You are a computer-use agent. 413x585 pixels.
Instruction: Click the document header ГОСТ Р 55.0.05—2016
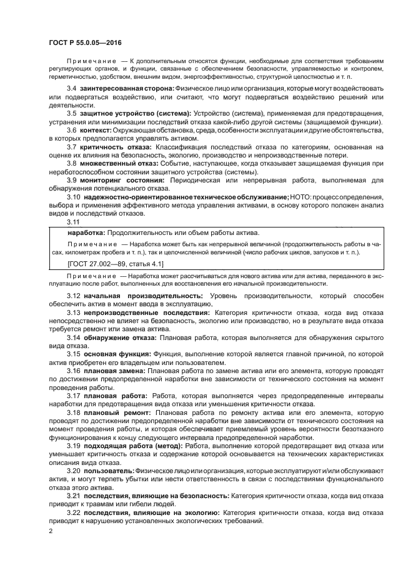84,42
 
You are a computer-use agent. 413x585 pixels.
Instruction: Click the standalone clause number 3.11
73,221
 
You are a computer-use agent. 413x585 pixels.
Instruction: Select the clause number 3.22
74,512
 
